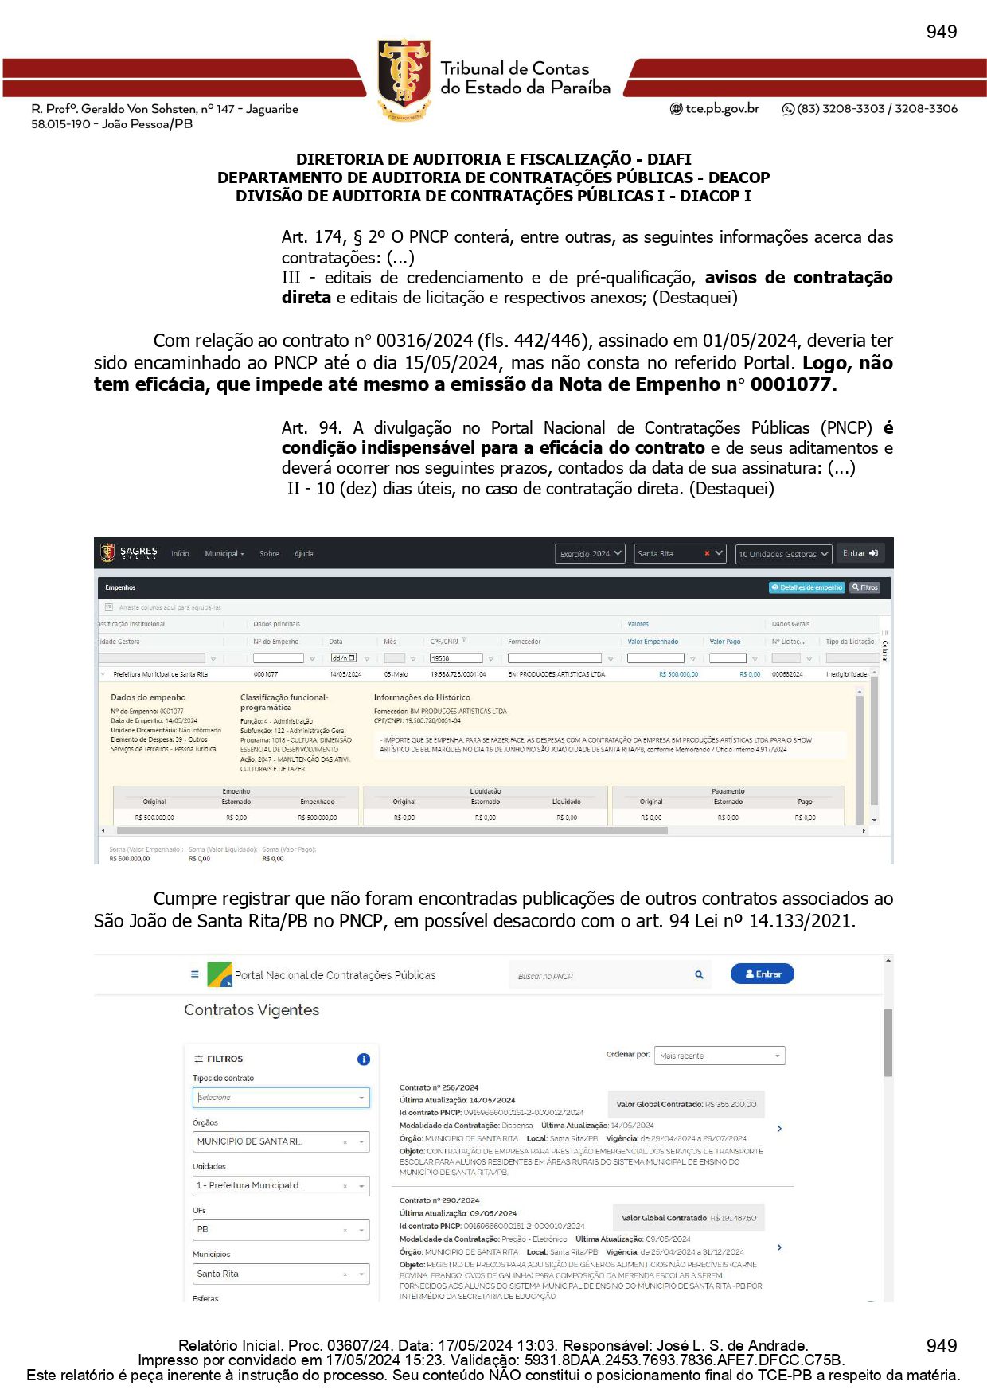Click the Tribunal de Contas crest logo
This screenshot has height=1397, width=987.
(404, 80)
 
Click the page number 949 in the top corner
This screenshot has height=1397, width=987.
(941, 32)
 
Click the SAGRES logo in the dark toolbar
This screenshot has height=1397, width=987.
(129, 552)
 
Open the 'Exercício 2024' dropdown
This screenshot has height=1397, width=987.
(590, 553)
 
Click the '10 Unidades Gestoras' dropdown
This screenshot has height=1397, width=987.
(783, 553)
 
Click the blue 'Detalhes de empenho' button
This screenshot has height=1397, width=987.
(806, 587)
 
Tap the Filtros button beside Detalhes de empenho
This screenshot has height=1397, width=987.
(864, 587)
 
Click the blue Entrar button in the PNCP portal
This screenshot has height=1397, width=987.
(762, 974)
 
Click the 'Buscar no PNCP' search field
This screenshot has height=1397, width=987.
(601, 976)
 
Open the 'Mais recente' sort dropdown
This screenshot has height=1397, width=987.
(719, 1056)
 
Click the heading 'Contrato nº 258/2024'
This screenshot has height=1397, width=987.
(439, 1087)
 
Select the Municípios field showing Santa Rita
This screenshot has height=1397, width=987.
(280, 1274)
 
